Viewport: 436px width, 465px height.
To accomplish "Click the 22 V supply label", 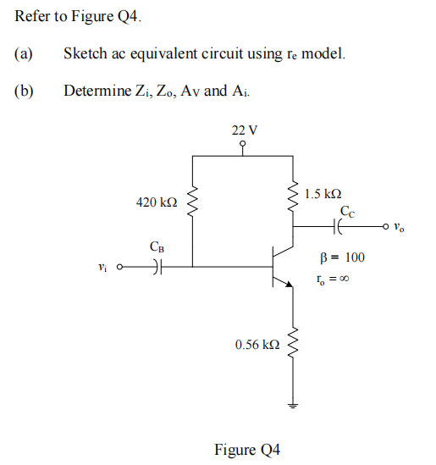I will click(x=244, y=130).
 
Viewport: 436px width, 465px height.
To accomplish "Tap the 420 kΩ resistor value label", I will click(x=157, y=203).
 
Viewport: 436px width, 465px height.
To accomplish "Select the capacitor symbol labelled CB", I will click(x=158, y=268).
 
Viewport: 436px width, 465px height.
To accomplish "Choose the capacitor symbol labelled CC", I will click(x=340, y=227).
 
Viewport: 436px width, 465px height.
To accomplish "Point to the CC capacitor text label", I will click(x=347, y=211).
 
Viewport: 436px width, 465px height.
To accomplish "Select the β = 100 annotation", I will click(x=339, y=257).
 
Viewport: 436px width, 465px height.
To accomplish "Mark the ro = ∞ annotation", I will click(x=330, y=280).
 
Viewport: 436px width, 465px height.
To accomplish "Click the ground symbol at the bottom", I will click(x=294, y=406).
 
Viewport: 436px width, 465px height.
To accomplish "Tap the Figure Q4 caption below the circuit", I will click(x=246, y=449).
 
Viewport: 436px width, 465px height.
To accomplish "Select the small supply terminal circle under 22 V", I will click(x=244, y=144).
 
